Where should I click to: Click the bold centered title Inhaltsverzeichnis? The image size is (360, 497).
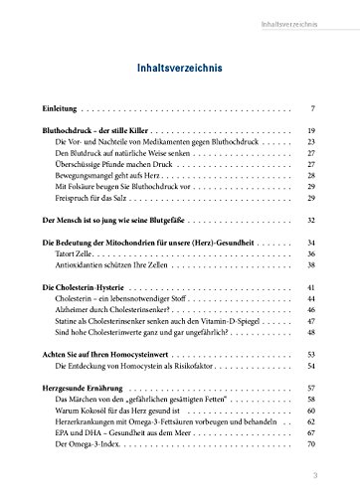(x=180, y=69)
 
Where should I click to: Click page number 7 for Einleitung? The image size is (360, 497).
(x=313, y=104)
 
